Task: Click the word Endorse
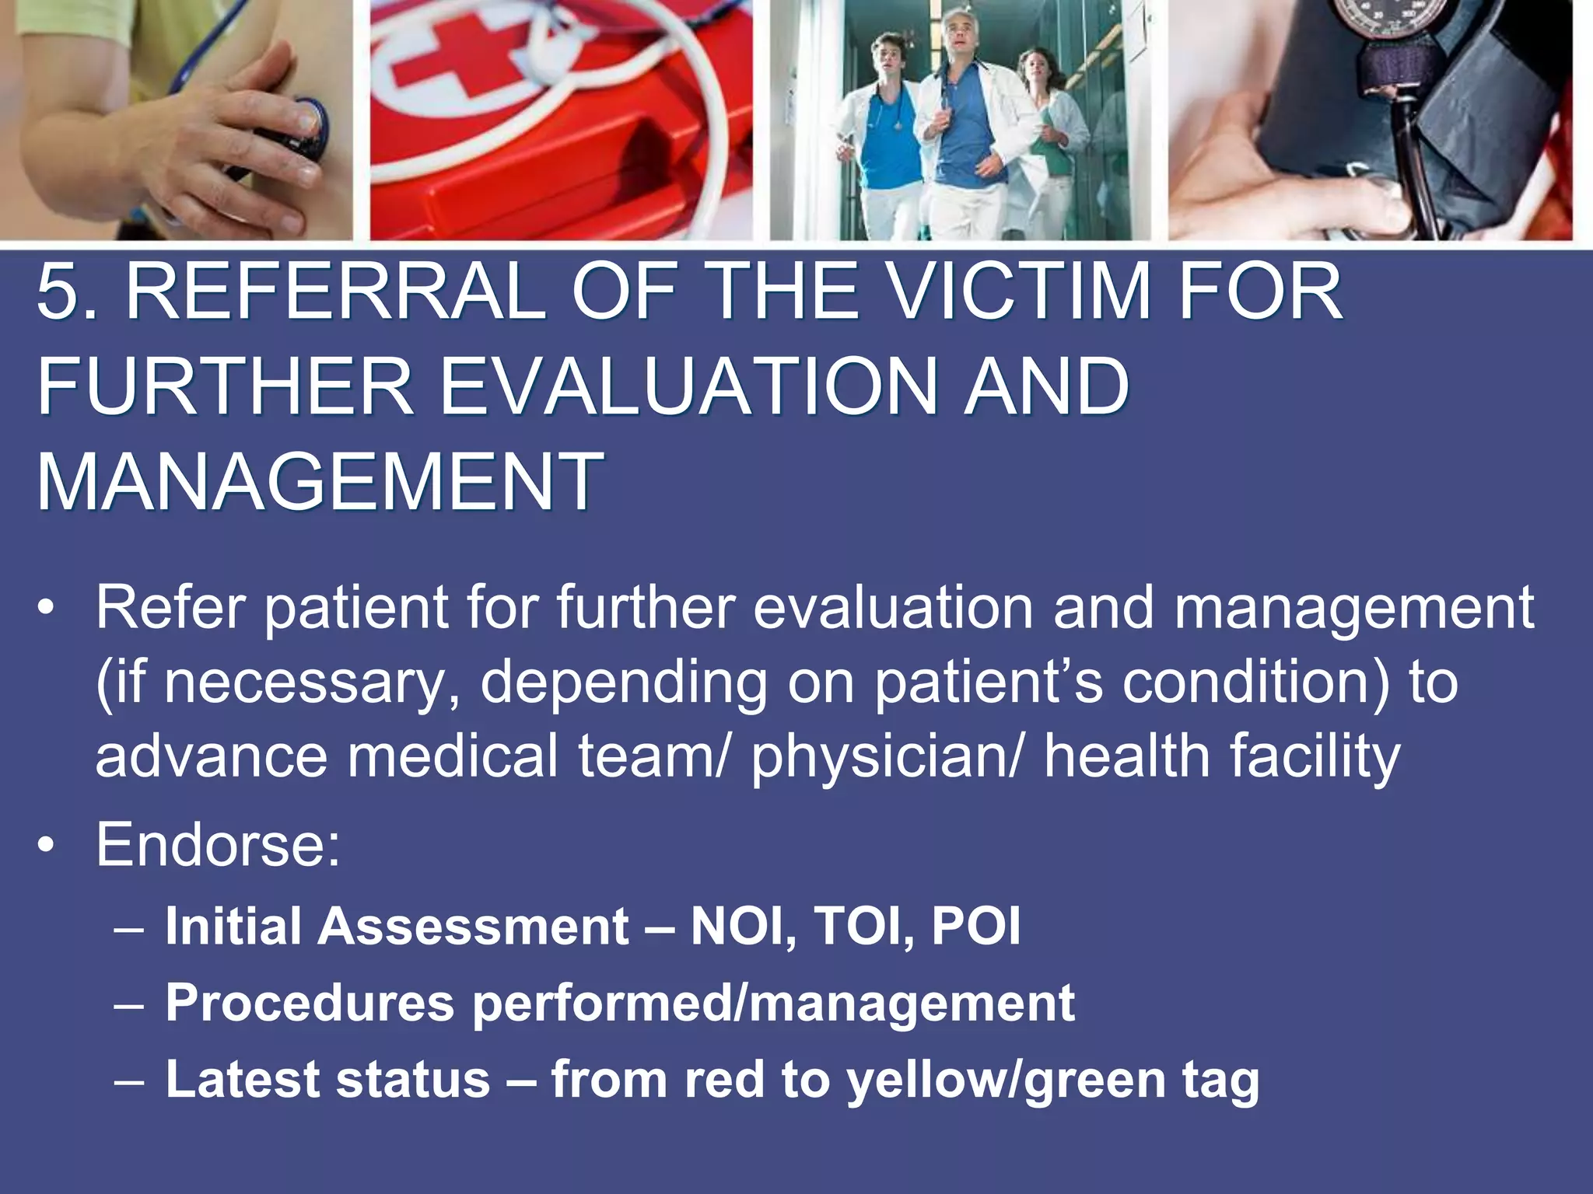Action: [x=218, y=845]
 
